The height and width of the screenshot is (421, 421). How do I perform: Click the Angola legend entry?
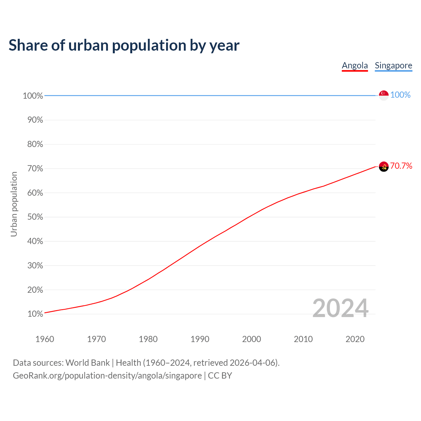[355, 65]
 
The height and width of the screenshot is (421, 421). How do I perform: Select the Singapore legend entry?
[393, 65]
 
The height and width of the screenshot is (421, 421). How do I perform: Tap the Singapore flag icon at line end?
[384, 95]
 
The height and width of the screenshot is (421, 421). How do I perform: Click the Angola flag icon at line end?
[384, 167]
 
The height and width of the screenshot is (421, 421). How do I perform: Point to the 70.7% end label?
[401, 166]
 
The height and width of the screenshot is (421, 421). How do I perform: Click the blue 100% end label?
[400, 95]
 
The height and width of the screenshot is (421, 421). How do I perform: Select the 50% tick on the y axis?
[35, 217]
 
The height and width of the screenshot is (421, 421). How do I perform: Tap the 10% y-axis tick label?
[35, 314]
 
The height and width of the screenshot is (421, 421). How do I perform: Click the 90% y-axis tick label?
[35, 120]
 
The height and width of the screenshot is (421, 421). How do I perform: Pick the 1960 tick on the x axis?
[45, 339]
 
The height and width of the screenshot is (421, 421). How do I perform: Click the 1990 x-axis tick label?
[200, 339]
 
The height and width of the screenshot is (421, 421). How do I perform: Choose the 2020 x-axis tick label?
[355, 339]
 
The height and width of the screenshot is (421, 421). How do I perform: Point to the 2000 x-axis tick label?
[251, 339]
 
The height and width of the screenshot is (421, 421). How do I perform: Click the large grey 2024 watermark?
[340, 308]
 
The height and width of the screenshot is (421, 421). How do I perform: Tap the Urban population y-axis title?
[14, 204]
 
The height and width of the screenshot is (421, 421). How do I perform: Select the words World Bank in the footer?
[87, 363]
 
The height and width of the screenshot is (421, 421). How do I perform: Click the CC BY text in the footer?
[220, 376]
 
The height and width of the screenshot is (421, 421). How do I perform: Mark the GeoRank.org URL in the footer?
[107, 376]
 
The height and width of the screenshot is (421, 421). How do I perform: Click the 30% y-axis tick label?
[35, 266]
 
